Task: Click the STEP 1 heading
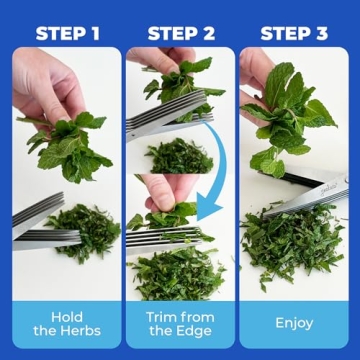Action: (x=67, y=33)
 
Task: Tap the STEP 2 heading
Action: (x=181, y=33)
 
